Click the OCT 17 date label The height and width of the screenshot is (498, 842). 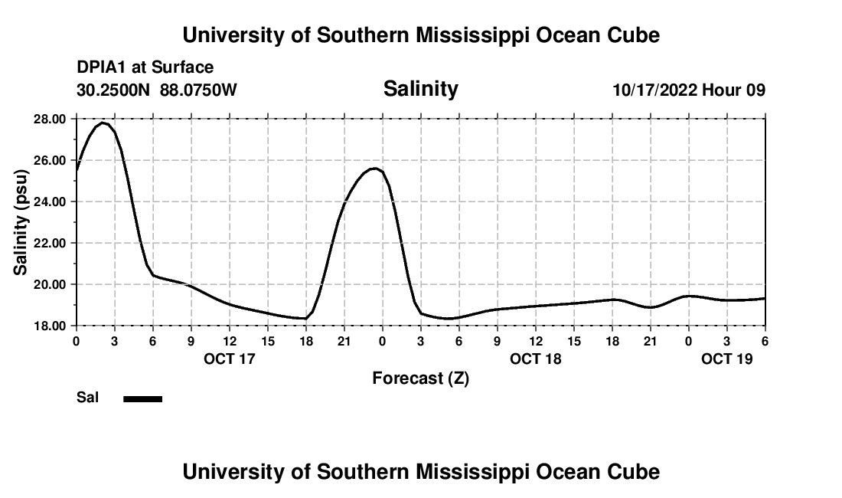click(x=230, y=358)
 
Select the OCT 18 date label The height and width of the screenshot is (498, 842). click(x=536, y=358)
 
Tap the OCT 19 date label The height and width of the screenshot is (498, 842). click(x=727, y=358)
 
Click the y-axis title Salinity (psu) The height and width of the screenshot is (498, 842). click(x=21, y=222)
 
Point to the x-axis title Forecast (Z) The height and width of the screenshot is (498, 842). click(x=420, y=378)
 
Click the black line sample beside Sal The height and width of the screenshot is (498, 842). click(x=143, y=398)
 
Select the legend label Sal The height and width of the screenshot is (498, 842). click(x=88, y=398)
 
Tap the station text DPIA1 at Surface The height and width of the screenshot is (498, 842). click(x=145, y=68)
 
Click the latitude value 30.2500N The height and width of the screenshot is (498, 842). click(x=114, y=90)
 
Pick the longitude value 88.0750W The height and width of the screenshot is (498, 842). click(x=198, y=90)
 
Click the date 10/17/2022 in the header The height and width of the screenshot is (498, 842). click(x=655, y=90)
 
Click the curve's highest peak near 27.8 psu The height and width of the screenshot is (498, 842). click(x=103, y=123)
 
